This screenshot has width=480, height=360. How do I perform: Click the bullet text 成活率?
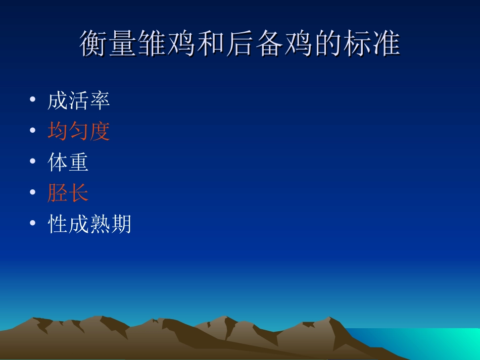78,101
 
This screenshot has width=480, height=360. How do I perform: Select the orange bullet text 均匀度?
78,132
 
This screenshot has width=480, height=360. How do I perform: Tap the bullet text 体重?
68,163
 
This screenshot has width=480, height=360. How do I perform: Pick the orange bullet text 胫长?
68,193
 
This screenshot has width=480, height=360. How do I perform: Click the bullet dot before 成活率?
33,100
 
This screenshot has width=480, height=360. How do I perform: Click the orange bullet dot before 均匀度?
33,131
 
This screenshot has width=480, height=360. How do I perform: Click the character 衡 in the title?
94,44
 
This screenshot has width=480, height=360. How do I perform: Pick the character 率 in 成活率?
100,101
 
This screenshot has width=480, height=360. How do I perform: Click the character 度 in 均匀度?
100,132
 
